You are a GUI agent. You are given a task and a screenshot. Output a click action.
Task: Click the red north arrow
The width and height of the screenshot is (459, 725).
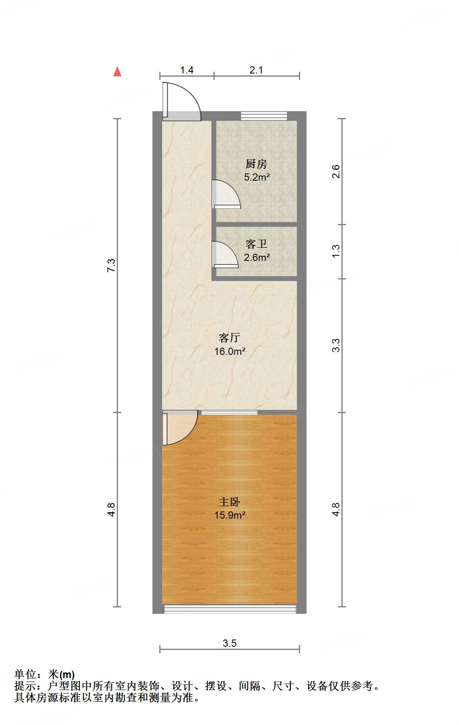(x=117, y=71)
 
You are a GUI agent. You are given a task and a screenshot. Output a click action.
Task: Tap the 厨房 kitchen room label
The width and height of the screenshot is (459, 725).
(x=256, y=164)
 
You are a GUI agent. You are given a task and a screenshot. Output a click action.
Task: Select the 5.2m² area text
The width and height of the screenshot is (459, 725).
(x=257, y=177)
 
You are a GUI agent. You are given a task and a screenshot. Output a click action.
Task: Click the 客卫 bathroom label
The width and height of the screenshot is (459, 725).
(x=256, y=244)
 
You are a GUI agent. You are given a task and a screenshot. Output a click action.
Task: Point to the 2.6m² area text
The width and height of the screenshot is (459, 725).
(x=257, y=257)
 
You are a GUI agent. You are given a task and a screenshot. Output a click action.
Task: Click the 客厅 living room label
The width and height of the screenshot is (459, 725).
(x=229, y=338)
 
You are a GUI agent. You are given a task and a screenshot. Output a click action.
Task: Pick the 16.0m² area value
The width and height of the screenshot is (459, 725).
(x=229, y=352)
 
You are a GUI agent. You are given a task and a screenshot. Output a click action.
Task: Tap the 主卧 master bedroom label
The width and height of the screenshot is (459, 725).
(x=229, y=502)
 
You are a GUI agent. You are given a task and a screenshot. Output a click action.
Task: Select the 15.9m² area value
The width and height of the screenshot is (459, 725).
(x=229, y=515)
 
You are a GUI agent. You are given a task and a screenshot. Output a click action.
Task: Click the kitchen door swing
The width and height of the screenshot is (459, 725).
(x=225, y=195)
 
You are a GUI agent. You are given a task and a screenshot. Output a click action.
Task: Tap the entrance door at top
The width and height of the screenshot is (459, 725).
(x=181, y=101)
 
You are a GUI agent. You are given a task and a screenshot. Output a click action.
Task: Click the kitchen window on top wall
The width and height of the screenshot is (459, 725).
(x=264, y=116)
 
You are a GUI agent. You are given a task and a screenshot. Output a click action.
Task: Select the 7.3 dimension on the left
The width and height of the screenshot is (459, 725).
(x=111, y=265)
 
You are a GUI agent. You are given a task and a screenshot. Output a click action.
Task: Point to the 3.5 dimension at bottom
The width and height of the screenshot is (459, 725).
(x=229, y=643)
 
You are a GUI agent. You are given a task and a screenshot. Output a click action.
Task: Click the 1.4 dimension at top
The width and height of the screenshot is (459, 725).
(x=187, y=70)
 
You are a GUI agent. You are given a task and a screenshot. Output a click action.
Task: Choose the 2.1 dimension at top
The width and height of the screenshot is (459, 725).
(x=256, y=70)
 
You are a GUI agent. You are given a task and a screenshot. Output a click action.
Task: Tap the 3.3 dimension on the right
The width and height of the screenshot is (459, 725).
(x=336, y=346)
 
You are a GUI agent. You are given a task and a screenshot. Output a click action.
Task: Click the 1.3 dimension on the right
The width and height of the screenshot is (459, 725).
(x=336, y=251)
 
